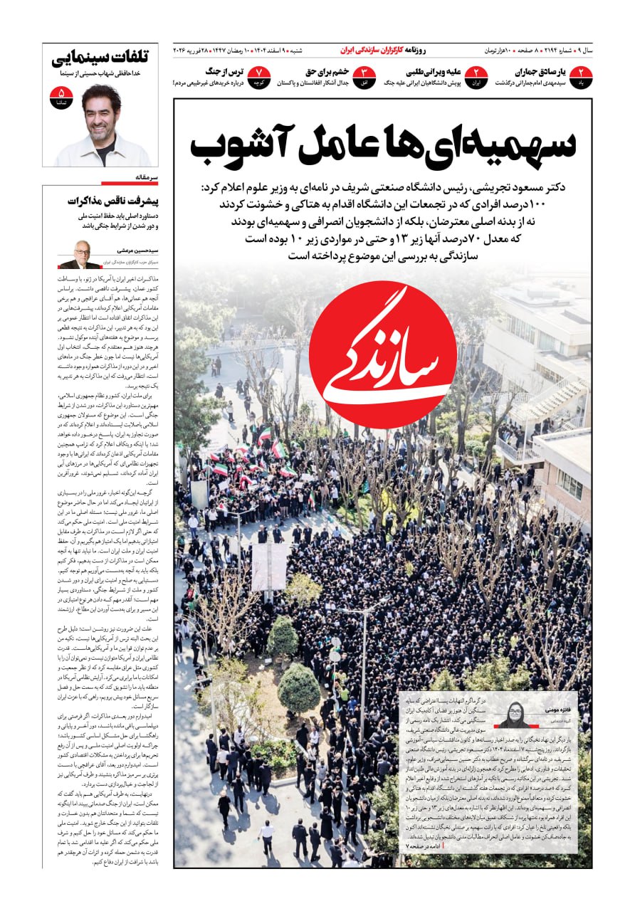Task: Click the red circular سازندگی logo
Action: click(393, 354)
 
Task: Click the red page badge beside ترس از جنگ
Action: click(261, 77)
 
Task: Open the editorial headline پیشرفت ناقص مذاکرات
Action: click(113, 201)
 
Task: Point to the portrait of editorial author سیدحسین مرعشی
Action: click(78, 254)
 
